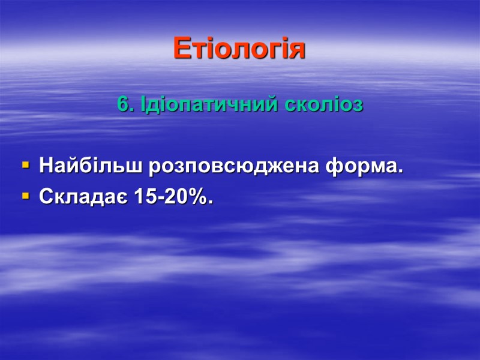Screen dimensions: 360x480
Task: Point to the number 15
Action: pyautogui.click(x=145, y=196)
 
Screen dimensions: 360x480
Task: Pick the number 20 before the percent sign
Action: pyautogui.click(x=176, y=196)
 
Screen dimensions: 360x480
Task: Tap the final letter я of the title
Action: pyautogui.click(x=298, y=50)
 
